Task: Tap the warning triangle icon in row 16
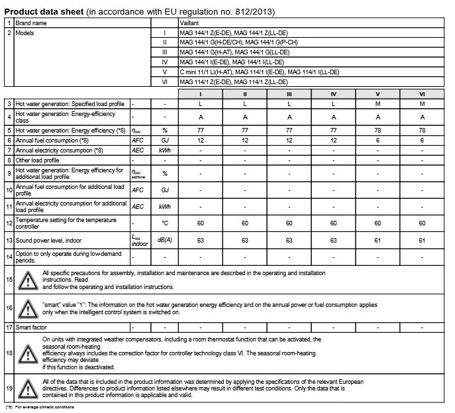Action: (x=28, y=308)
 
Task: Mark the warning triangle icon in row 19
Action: (x=28, y=387)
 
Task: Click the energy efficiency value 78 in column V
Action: (x=378, y=131)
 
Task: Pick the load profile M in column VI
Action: (x=422, y=104)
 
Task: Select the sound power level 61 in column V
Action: (x=378, y=241)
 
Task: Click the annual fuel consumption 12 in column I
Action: (x=201, y=141)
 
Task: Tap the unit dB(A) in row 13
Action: (x=156, y=241)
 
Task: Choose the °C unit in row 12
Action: (x=156, y=223)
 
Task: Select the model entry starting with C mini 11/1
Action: (x=259, y=72)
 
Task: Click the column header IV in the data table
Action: (x=333, y=94)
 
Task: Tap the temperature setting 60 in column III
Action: (x=289, y=223)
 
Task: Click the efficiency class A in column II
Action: (x=245, y=117)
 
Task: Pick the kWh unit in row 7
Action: (x=156, y=150)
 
